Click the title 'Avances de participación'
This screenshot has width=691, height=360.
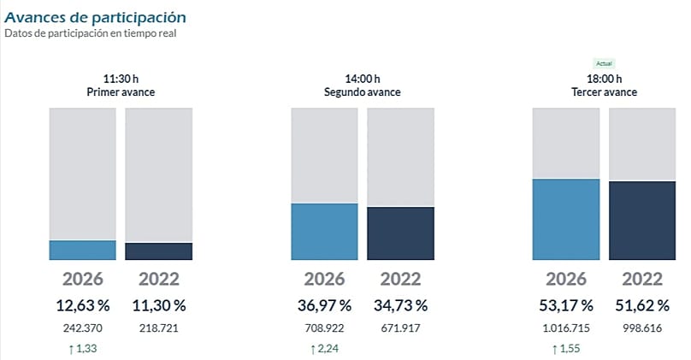96,16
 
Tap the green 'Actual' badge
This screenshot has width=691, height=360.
604,63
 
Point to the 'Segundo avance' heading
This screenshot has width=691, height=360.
363,92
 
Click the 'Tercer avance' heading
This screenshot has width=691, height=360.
604,92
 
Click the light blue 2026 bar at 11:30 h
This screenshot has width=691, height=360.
83,250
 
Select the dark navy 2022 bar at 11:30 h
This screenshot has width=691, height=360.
158,251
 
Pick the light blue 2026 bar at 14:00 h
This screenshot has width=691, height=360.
324,231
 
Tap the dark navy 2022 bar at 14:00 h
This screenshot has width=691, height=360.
400,233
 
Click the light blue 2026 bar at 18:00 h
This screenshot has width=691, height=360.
566,219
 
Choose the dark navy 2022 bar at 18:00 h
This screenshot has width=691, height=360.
641,221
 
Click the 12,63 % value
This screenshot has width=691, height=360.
83,305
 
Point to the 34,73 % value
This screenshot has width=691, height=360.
400,305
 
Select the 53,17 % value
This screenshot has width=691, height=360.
566,305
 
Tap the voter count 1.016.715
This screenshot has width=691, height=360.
566,327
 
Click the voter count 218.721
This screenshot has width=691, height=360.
158,327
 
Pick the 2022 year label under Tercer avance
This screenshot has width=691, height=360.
641,279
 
